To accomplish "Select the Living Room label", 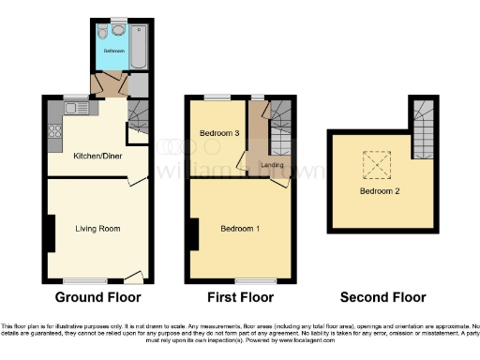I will tap(97, 228).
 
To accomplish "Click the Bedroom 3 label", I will tap(220, 133).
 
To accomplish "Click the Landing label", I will tap(273, 166).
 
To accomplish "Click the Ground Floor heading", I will tap(97, 297).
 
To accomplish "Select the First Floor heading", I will tap(241, 297).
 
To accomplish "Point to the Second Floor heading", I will tap(382, 297).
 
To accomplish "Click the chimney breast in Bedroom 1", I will tap(192, 232).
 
